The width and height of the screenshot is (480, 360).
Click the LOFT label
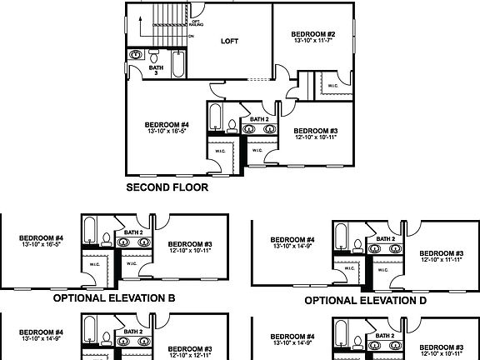[x=230, y=40]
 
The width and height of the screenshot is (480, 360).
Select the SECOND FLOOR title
[x=167, y=187]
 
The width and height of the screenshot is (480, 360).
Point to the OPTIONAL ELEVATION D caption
[x=366, y=300]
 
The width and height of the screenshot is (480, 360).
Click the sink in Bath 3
[x=136, y=55]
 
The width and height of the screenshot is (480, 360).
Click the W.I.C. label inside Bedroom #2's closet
[x=332, y=85]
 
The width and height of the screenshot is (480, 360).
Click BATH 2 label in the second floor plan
[x=259, y=119]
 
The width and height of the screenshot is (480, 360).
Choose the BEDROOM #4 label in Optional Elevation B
[x=42, y=237]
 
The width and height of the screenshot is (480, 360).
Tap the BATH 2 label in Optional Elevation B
[x=133, y=232]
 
